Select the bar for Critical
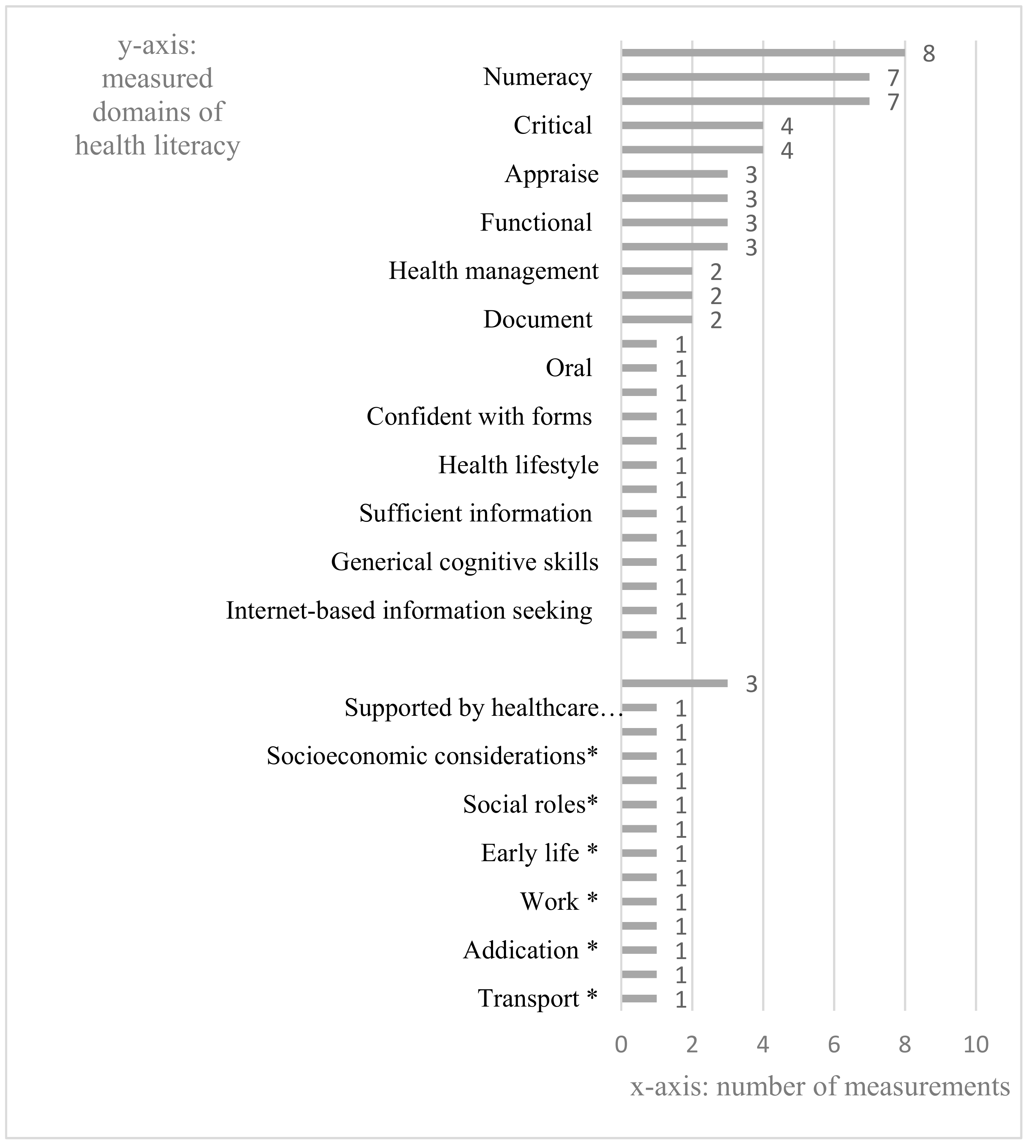(692, 125)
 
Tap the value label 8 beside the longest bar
(928, 54)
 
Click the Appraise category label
(551, 174)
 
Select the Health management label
(493, 271)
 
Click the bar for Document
(656, 320)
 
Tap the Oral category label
(568, 368)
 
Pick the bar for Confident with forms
(639, 417)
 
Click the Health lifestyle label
(518, 466)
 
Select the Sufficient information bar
(639, 514)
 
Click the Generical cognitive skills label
(464, 563)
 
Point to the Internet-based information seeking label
(409, 611)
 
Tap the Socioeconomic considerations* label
(432, 756)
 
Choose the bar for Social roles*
(639, 805)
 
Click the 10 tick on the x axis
(976, 1045)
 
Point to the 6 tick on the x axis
(834, 1045)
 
